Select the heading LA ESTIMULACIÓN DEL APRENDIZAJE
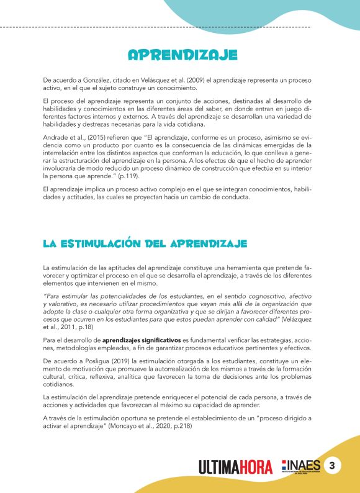145,243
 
